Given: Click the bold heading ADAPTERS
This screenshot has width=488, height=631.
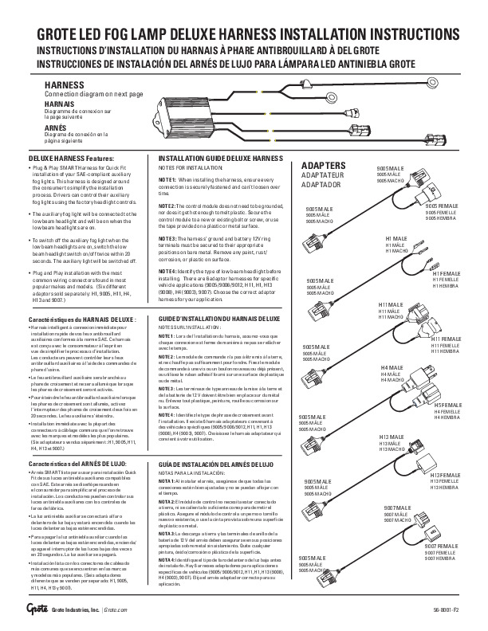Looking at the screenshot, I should pyautogui.click(x=323, y=167).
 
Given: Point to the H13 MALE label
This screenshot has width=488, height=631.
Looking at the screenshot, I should pyautogui.click(x=392, y=438).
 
